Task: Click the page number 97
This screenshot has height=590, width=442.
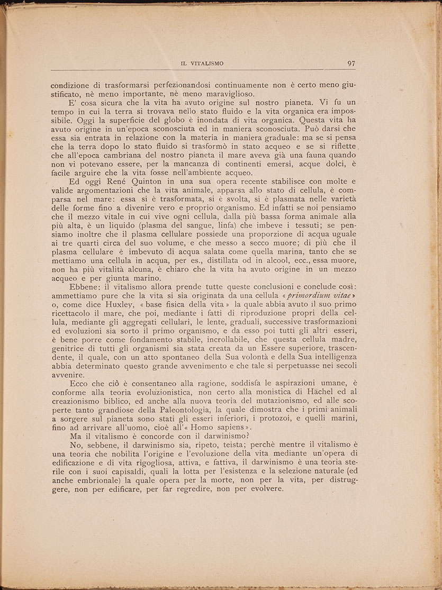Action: (351, 63)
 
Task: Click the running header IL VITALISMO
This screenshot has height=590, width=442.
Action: (202, 63)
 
